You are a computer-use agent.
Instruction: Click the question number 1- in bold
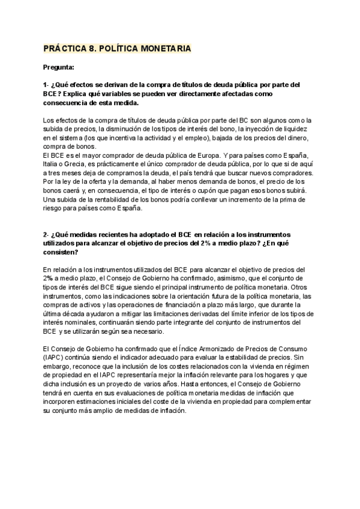47,85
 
